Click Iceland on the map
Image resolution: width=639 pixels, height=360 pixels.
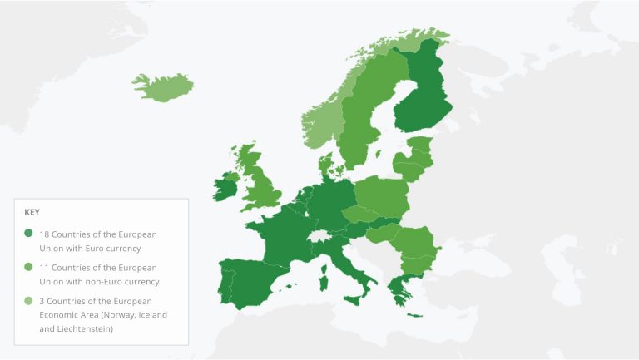pyautogui.click(x=162, y=86)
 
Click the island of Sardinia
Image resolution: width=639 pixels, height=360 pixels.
pyautogui.click(x=324, y=281)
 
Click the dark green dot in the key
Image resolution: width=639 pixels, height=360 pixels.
pyautogui.click(x=29, y=234)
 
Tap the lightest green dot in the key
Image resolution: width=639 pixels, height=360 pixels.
pyautogui.click(x=29, y=301)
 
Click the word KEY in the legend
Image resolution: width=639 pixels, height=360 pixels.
pyautogui.click(x=32, y=212)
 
